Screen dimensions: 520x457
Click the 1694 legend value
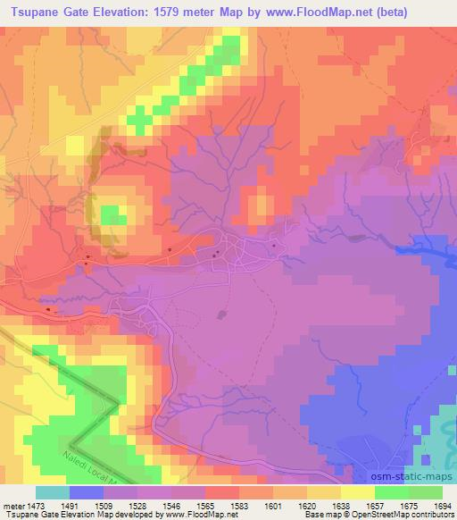tap(438, 505)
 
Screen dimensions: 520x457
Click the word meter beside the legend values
tap(12, 505)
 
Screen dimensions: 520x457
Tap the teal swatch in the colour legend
tap(52, 492)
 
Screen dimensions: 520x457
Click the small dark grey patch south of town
tap(222, 315)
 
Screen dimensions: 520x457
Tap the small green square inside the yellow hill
tap(111, 215)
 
